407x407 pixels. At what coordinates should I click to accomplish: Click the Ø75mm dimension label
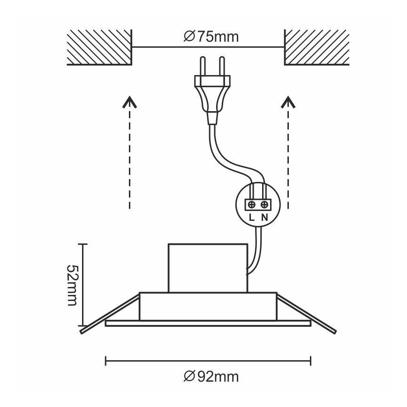point(211,37)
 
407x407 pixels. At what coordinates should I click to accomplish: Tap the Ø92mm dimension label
point(211,376)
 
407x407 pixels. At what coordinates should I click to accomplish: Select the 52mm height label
point(71,285)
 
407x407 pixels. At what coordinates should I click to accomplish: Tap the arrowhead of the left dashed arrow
point(129,102)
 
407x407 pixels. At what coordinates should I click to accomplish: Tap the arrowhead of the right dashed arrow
point(288,102)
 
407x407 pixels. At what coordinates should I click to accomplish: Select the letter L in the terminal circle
point(252,218)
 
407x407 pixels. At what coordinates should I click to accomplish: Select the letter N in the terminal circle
point(265,218)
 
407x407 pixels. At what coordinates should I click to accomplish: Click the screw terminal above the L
point(252,204)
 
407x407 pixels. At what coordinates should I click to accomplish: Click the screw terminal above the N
point(265,204)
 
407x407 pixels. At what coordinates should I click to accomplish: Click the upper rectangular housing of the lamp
point(207,267)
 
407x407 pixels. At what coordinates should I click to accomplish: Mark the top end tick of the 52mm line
point(83,244)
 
